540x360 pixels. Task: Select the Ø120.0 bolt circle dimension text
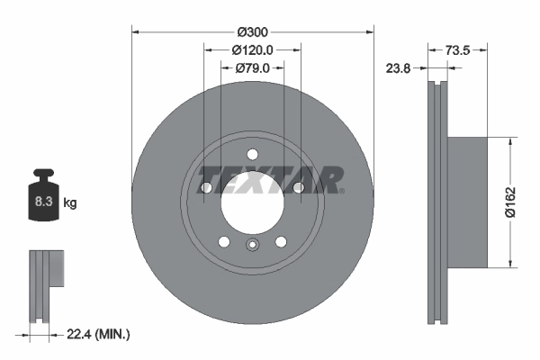click(253, 49)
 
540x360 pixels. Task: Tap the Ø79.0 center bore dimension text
click(253, 67)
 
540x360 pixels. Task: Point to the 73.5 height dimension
click(459, 49)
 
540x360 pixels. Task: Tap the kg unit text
click(70, 203)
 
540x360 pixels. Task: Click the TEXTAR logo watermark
click(270, 180)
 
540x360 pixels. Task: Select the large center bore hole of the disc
click(252, 200)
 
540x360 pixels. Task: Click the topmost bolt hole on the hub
click(252, 152)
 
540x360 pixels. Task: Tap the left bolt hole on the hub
click(207, 187)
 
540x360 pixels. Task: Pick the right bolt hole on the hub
click(297, 187)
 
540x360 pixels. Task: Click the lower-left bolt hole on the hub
click(224, 240)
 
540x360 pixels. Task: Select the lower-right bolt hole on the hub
click(280, 240)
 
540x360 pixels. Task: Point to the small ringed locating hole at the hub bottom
click(252, 246)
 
